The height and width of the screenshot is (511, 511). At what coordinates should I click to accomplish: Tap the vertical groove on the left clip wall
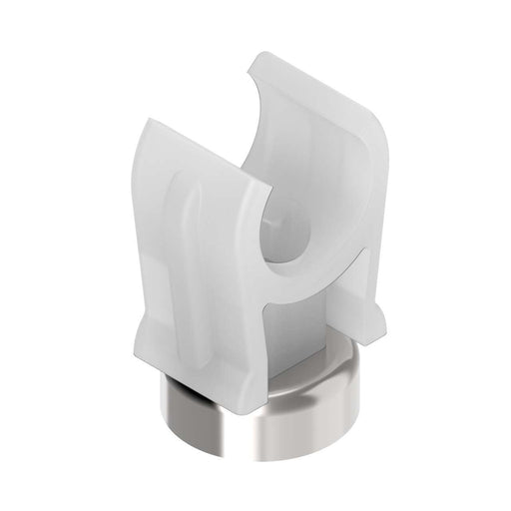click(x=196, y=250)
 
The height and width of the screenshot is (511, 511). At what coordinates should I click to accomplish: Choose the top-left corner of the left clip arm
click(x=145, y=118)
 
